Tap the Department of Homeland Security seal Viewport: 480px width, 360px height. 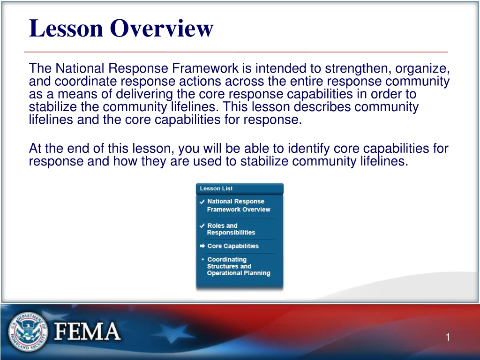click(28, 331)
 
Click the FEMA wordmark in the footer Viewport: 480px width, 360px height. click(87, 331)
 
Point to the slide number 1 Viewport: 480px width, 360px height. click(448, 337)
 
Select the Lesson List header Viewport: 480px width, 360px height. click(216, 188)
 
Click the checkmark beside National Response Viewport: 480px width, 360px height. click(202, 202)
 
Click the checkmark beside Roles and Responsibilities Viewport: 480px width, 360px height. click(202, 225)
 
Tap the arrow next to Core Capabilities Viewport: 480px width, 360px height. click(202, 246)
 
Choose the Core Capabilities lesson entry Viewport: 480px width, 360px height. click(233, 246)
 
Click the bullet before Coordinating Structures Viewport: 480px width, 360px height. click(202, 259)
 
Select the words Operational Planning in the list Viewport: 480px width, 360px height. click(239, 273)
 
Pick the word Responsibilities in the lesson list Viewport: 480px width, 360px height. click(231, 232)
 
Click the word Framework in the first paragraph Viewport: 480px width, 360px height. click(205, 68)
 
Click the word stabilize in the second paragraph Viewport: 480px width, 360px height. click(264, 161)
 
